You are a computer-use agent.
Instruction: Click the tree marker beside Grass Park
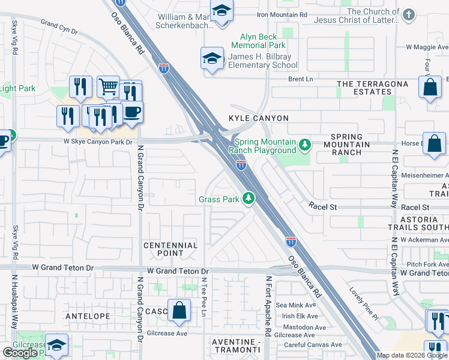pyautogui.click(x=248, y=199)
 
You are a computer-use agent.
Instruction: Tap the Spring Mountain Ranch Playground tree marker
pyautogui.click(x=306, y=144)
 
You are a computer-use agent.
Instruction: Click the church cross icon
pyautogui.click(x=409, y=14)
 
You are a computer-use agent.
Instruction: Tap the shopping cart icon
pyautogui.click(x=108, y=88)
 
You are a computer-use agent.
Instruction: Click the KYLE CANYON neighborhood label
pyautogui.click(x=258, y=118)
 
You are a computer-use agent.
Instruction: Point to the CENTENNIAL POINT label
pyautogui.click(x=170, y=249)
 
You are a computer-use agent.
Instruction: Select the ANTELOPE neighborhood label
pyautogui.click(x=88, y=316)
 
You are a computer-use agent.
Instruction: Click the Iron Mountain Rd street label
pyautogui.click(x=282, y=14)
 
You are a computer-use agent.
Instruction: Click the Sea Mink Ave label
pyautogui.click(x=292, y=305)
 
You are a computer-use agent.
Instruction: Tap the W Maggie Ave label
pyautogui.click(x=427, y=47)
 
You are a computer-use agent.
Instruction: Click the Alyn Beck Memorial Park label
pyautogui.click(x=259, y=41)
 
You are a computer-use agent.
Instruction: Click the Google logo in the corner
pyautogui.click(x=20, y=353)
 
